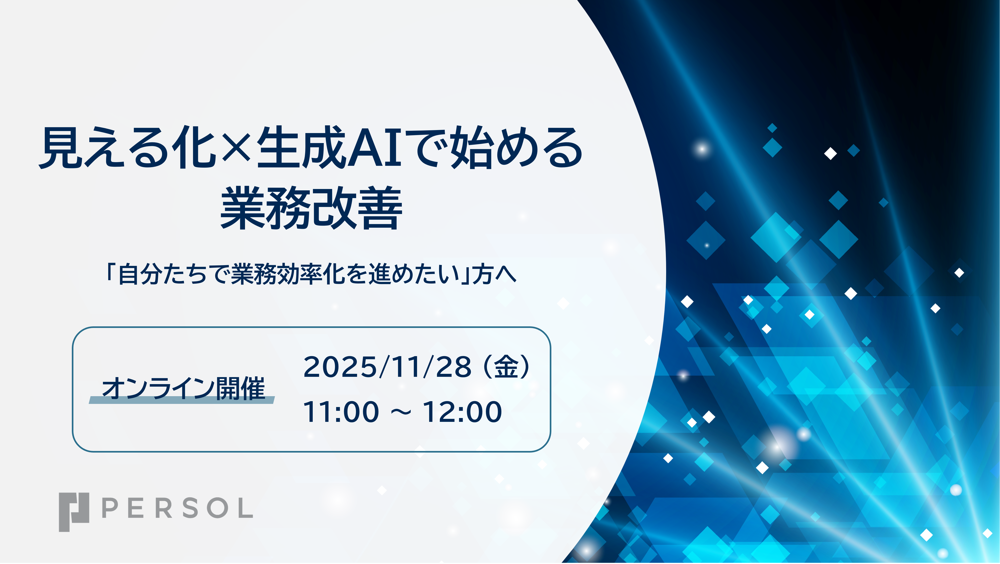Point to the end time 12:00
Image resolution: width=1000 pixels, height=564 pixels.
click(x=462, y=412)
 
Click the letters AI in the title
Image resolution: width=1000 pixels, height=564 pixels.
click(x=374, y=148)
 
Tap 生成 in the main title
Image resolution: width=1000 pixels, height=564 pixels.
click(x=301, y=148)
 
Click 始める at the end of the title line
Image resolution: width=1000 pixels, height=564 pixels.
click(x=516, y=148)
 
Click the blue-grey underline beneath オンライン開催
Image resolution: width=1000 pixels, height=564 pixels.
click(x=182, y=400)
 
